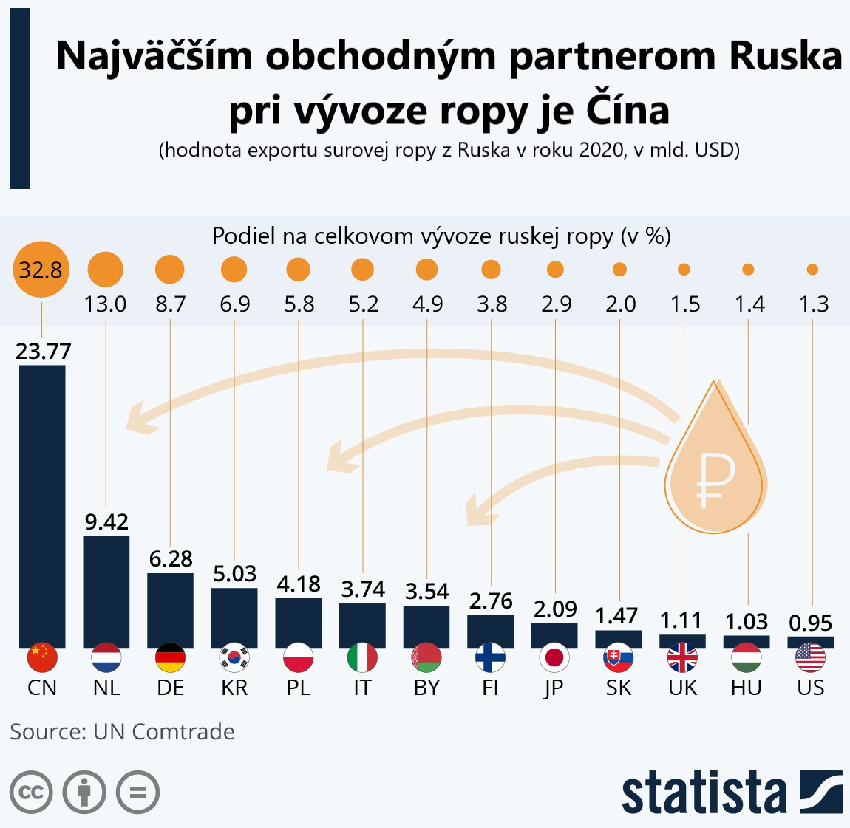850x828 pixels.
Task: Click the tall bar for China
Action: (42, 506)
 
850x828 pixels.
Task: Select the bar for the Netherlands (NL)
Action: (106, 591)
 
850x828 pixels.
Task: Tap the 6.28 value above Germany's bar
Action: (171, 558)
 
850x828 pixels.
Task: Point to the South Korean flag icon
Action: (234, 657)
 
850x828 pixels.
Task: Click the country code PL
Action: (299, 688)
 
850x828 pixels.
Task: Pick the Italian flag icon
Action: (362, 657)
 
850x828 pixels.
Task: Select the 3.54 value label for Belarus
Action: (426, 591)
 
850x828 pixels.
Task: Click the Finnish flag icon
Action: (491, 657)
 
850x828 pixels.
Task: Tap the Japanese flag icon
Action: (554, 657)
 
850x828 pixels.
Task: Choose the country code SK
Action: (619, 688)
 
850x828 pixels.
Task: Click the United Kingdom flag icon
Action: (682, 657)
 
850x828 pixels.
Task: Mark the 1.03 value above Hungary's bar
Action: (747, 621)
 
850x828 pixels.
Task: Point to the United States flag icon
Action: (811, 657)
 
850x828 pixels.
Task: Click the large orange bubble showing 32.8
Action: (41, 270)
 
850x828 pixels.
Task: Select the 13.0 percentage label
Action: (105, 304)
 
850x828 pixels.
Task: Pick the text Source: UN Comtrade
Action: (122, 731)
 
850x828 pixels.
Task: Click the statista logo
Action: (732, 793)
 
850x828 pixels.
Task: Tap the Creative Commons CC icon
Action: (31, 793)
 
